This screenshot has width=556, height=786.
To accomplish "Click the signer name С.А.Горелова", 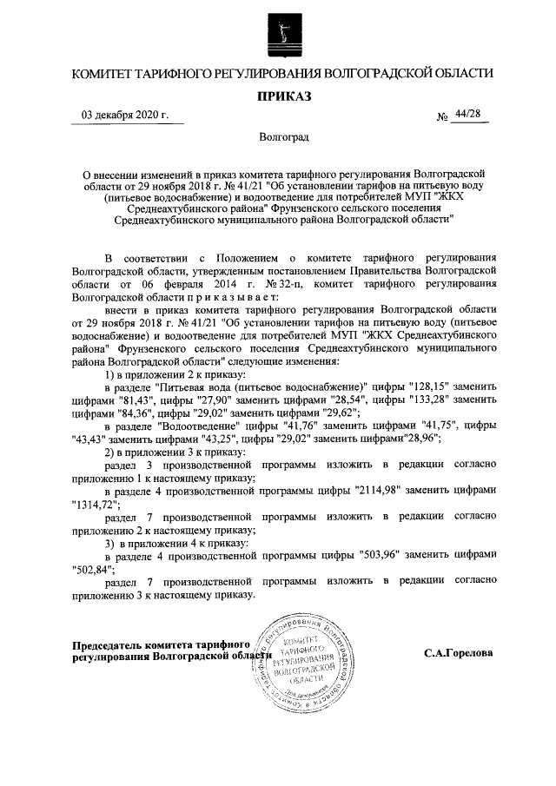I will click(x=459, y=652).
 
